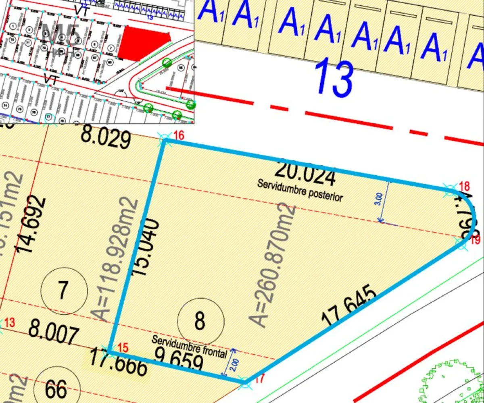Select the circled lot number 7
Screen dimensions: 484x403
pyautogui.click(x=64, y=291)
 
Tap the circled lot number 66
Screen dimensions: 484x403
pyautogui.click(x=56, y=389)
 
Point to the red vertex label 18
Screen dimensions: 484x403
pyautogui.click(x=465, y=186)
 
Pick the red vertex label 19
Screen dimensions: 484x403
pyautogui.click(x=476, y=240)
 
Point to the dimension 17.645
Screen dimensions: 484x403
pyautogui.click(x=350, y=306)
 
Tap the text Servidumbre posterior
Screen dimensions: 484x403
pyautogui.click(x=300, y=190)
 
